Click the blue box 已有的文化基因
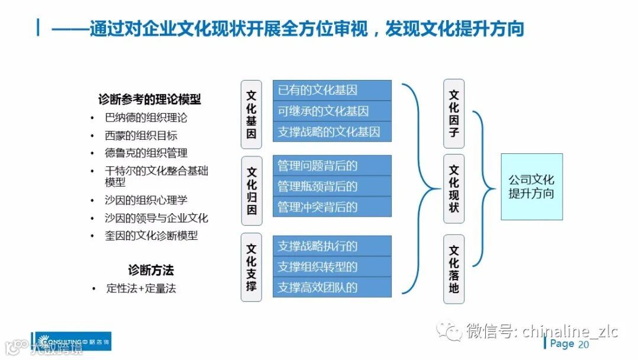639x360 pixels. [x=332, y=91]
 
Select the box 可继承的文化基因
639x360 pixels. [x=332, y=111]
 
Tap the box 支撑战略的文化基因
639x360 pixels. [x=332, y=131]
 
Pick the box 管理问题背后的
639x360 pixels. [x=332, y=166]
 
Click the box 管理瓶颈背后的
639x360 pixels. [x=332, y=187]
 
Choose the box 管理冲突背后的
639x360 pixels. [x=332, y=207]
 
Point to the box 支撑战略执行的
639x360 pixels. [x=332, y=246]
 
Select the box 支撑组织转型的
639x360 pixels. [x=332, y=267]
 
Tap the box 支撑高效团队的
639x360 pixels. [x=332, y=287]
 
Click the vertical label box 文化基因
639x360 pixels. [x=251, y=114]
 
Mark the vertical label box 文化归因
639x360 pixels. [x=251, y=190]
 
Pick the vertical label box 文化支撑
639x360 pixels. [x=251, y=267]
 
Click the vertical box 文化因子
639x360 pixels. [x=454, y=114]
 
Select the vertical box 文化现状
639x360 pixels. [x=454, y=189]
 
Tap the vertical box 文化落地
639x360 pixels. [x=454, y=269]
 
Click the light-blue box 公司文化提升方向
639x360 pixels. [x=531, y=187]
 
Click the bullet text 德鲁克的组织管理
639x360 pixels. [x=146, y=153]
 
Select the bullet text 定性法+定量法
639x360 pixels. [x=141, y=289]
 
